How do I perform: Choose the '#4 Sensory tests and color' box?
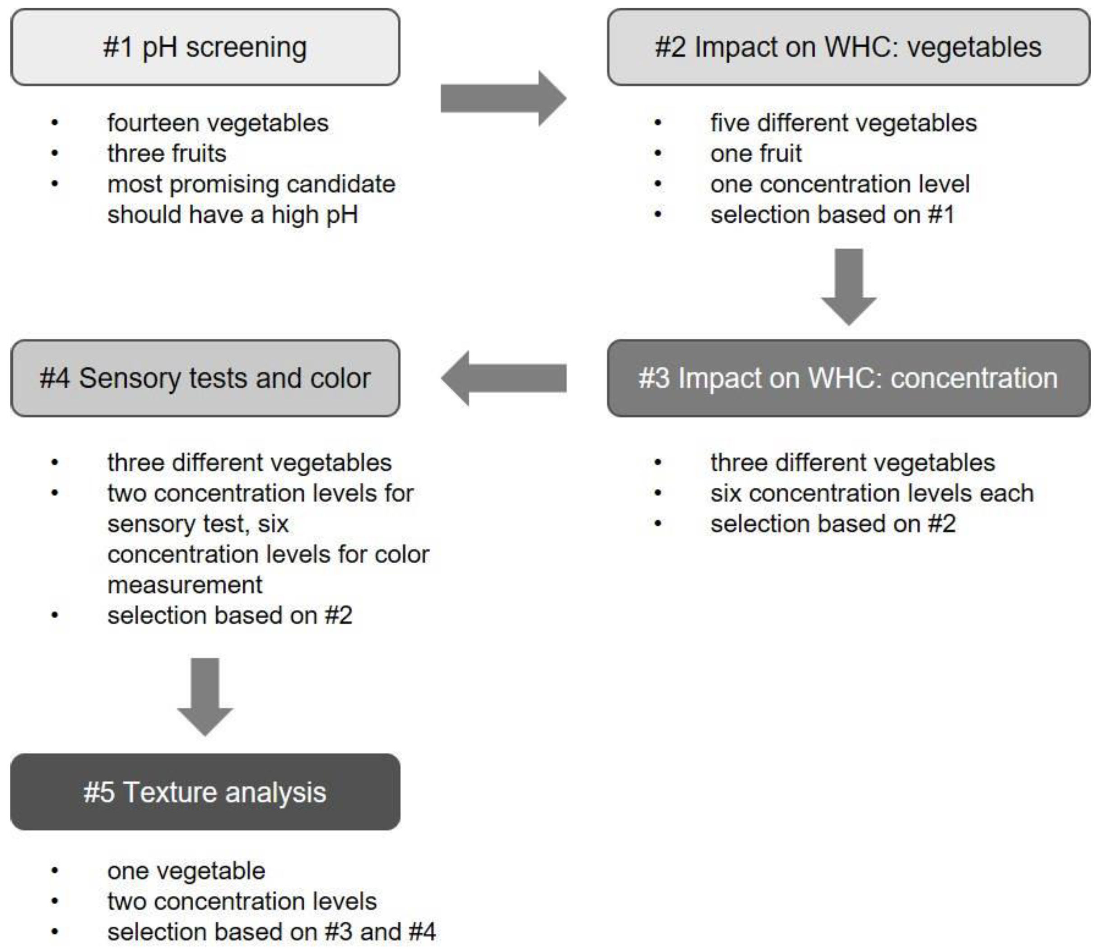[205, 378]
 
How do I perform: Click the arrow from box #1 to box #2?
[503, 99]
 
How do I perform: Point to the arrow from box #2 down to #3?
[849, 287]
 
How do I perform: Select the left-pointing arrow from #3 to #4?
[503, 378]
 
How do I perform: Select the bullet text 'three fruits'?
[167, 154]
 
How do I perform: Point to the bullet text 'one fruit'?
[756, 154]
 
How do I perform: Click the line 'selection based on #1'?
[832, 215]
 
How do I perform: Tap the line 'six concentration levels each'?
[872, 494]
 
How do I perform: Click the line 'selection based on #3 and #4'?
[271, 932]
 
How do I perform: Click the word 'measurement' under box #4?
[185, 585]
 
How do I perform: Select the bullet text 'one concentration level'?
[840, 184]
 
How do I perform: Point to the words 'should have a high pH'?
[233, 215]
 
